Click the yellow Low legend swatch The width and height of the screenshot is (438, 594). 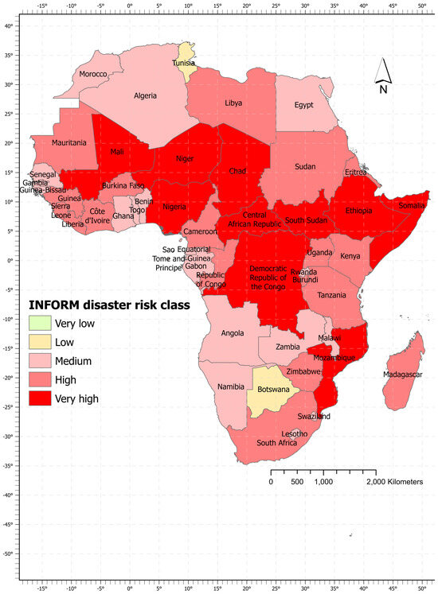38,342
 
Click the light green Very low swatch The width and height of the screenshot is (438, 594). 38,323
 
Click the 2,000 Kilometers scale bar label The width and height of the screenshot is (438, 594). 394,482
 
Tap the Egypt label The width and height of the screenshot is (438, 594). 304,104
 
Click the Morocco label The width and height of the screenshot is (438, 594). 93,75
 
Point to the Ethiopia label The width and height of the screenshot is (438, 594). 358,211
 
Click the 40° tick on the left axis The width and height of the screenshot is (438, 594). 8,26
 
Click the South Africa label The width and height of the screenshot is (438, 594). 276,442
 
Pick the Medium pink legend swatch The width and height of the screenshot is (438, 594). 38,361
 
